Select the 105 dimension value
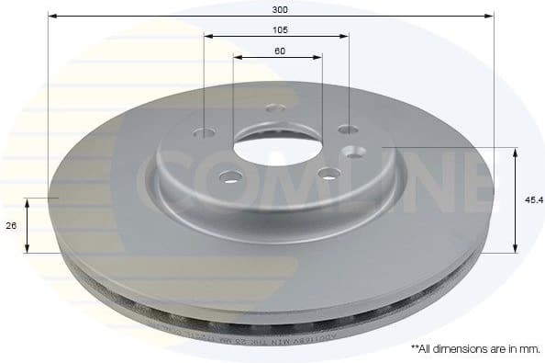[277, 28]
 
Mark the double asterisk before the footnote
[415, 349]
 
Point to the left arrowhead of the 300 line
[50, 16]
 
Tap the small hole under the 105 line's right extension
[349, 130]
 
